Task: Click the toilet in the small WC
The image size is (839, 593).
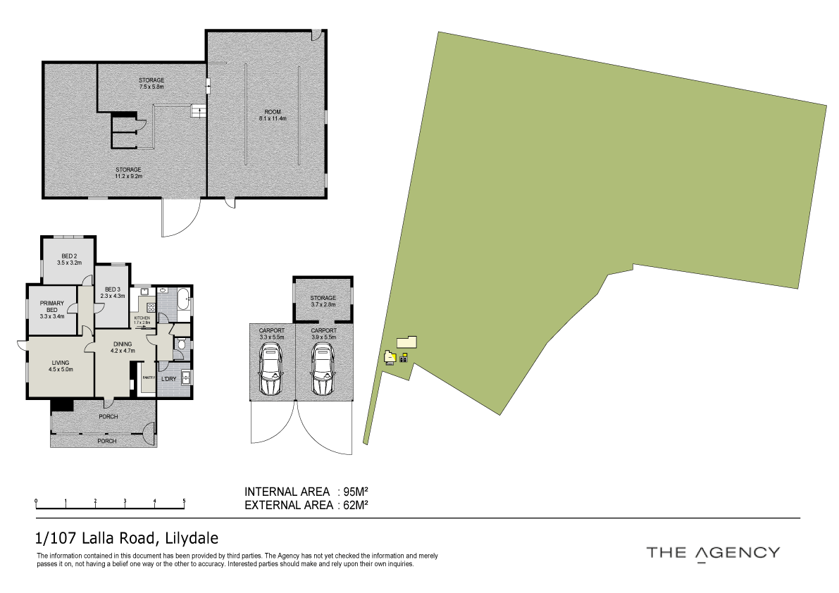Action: (180, 344)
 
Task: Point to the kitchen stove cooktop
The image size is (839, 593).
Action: (151, 308)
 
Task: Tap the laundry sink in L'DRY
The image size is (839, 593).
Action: (185, 378)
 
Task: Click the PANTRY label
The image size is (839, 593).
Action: (148, 377)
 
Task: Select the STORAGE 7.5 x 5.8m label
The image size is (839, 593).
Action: (151, 83)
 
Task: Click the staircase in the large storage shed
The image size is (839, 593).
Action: (199, 111)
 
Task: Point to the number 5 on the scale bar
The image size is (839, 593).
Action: (184, 501)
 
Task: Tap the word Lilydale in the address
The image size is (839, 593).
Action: (191, 539)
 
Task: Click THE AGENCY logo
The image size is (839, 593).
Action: (713, 552)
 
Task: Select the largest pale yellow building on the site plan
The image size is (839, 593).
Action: (406, 342)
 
